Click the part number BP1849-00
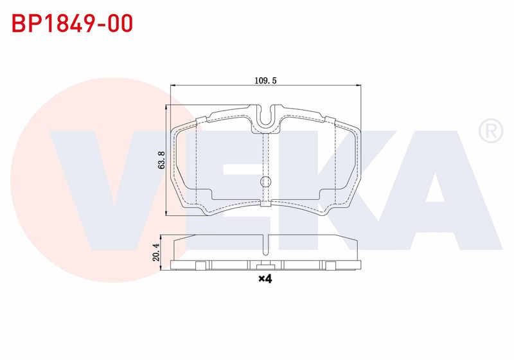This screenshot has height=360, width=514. coord(73,23)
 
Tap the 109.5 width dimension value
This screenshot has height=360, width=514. coord(266,80)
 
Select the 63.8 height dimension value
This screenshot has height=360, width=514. coord(162,160)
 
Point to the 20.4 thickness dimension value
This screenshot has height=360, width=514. coord(156,252)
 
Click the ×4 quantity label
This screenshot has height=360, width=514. coord(265,279)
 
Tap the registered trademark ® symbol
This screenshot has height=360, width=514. coord(491,130)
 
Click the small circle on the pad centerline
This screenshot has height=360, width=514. coord(265,181)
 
